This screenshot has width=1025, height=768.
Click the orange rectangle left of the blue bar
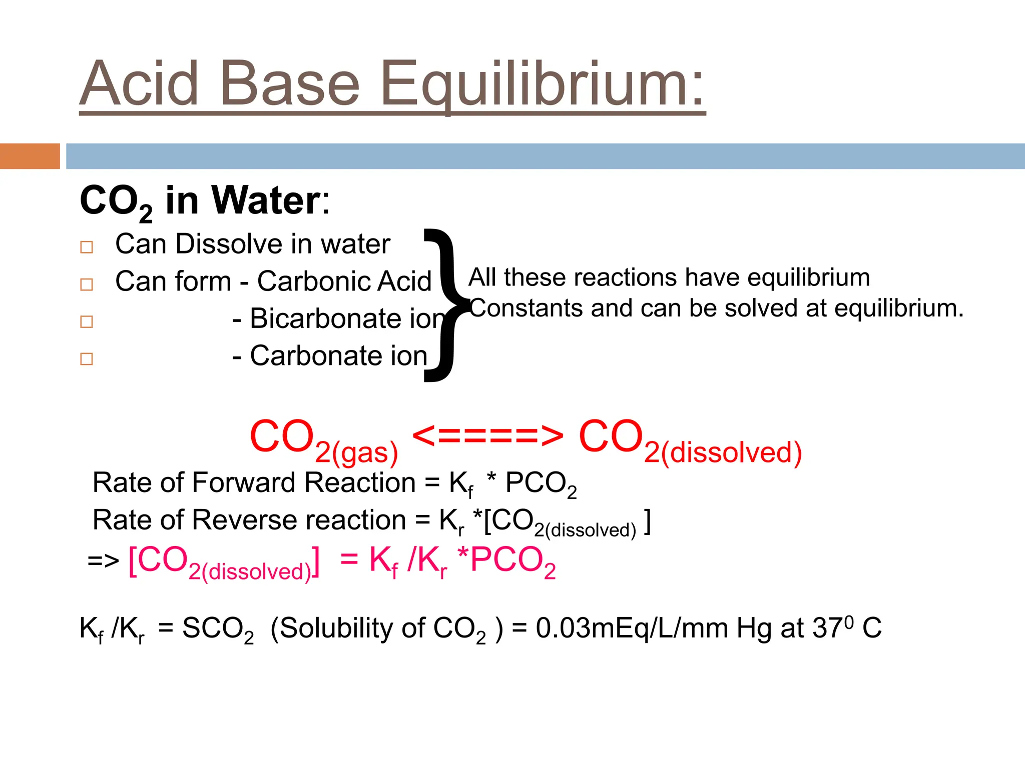30,156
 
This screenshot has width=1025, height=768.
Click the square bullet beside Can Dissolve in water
87,247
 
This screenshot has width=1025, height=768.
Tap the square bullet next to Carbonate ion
87,359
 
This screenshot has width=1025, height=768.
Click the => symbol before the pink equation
103,561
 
